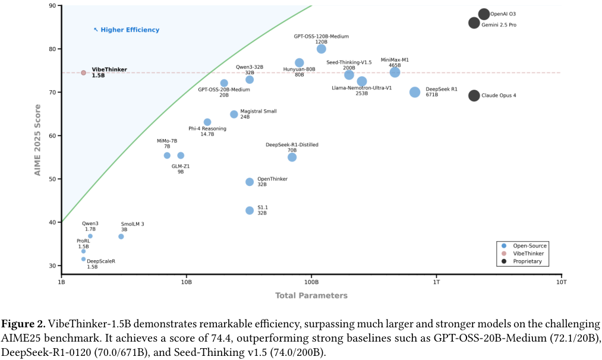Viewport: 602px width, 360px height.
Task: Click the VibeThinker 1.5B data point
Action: (x=83, y=72)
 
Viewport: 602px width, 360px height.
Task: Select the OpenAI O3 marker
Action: (x=484, y=14)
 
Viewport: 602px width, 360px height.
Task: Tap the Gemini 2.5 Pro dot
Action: (x=474, y=23)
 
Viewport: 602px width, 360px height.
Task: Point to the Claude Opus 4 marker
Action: (x=474, y=95)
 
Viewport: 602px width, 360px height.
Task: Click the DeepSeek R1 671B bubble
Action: (x=415, y=92)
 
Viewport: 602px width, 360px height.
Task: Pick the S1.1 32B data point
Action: (x=250, y=210)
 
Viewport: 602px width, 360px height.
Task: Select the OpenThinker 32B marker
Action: (x=250, y=182)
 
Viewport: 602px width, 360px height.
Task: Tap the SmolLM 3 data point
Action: (x=121, y=236)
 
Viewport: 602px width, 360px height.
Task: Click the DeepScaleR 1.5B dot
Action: (x=83, y=259)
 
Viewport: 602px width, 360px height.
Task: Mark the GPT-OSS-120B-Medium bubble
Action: (x=322, y=49)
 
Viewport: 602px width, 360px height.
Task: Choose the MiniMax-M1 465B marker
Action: (x=395, y=72)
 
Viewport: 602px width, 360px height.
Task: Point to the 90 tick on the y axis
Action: (x=52, y=6)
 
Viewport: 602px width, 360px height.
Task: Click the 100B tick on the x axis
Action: (x=311, y=282)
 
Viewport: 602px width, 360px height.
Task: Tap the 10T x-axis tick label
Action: (x=561, y=282)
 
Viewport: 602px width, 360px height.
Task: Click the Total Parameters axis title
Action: (x=311, y=295)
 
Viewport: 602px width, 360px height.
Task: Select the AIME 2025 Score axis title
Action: (x=38, y=141)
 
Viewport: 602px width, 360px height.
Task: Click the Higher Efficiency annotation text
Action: (x=130, y=30)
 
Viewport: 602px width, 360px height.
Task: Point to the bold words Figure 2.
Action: (x=23, y=324)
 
